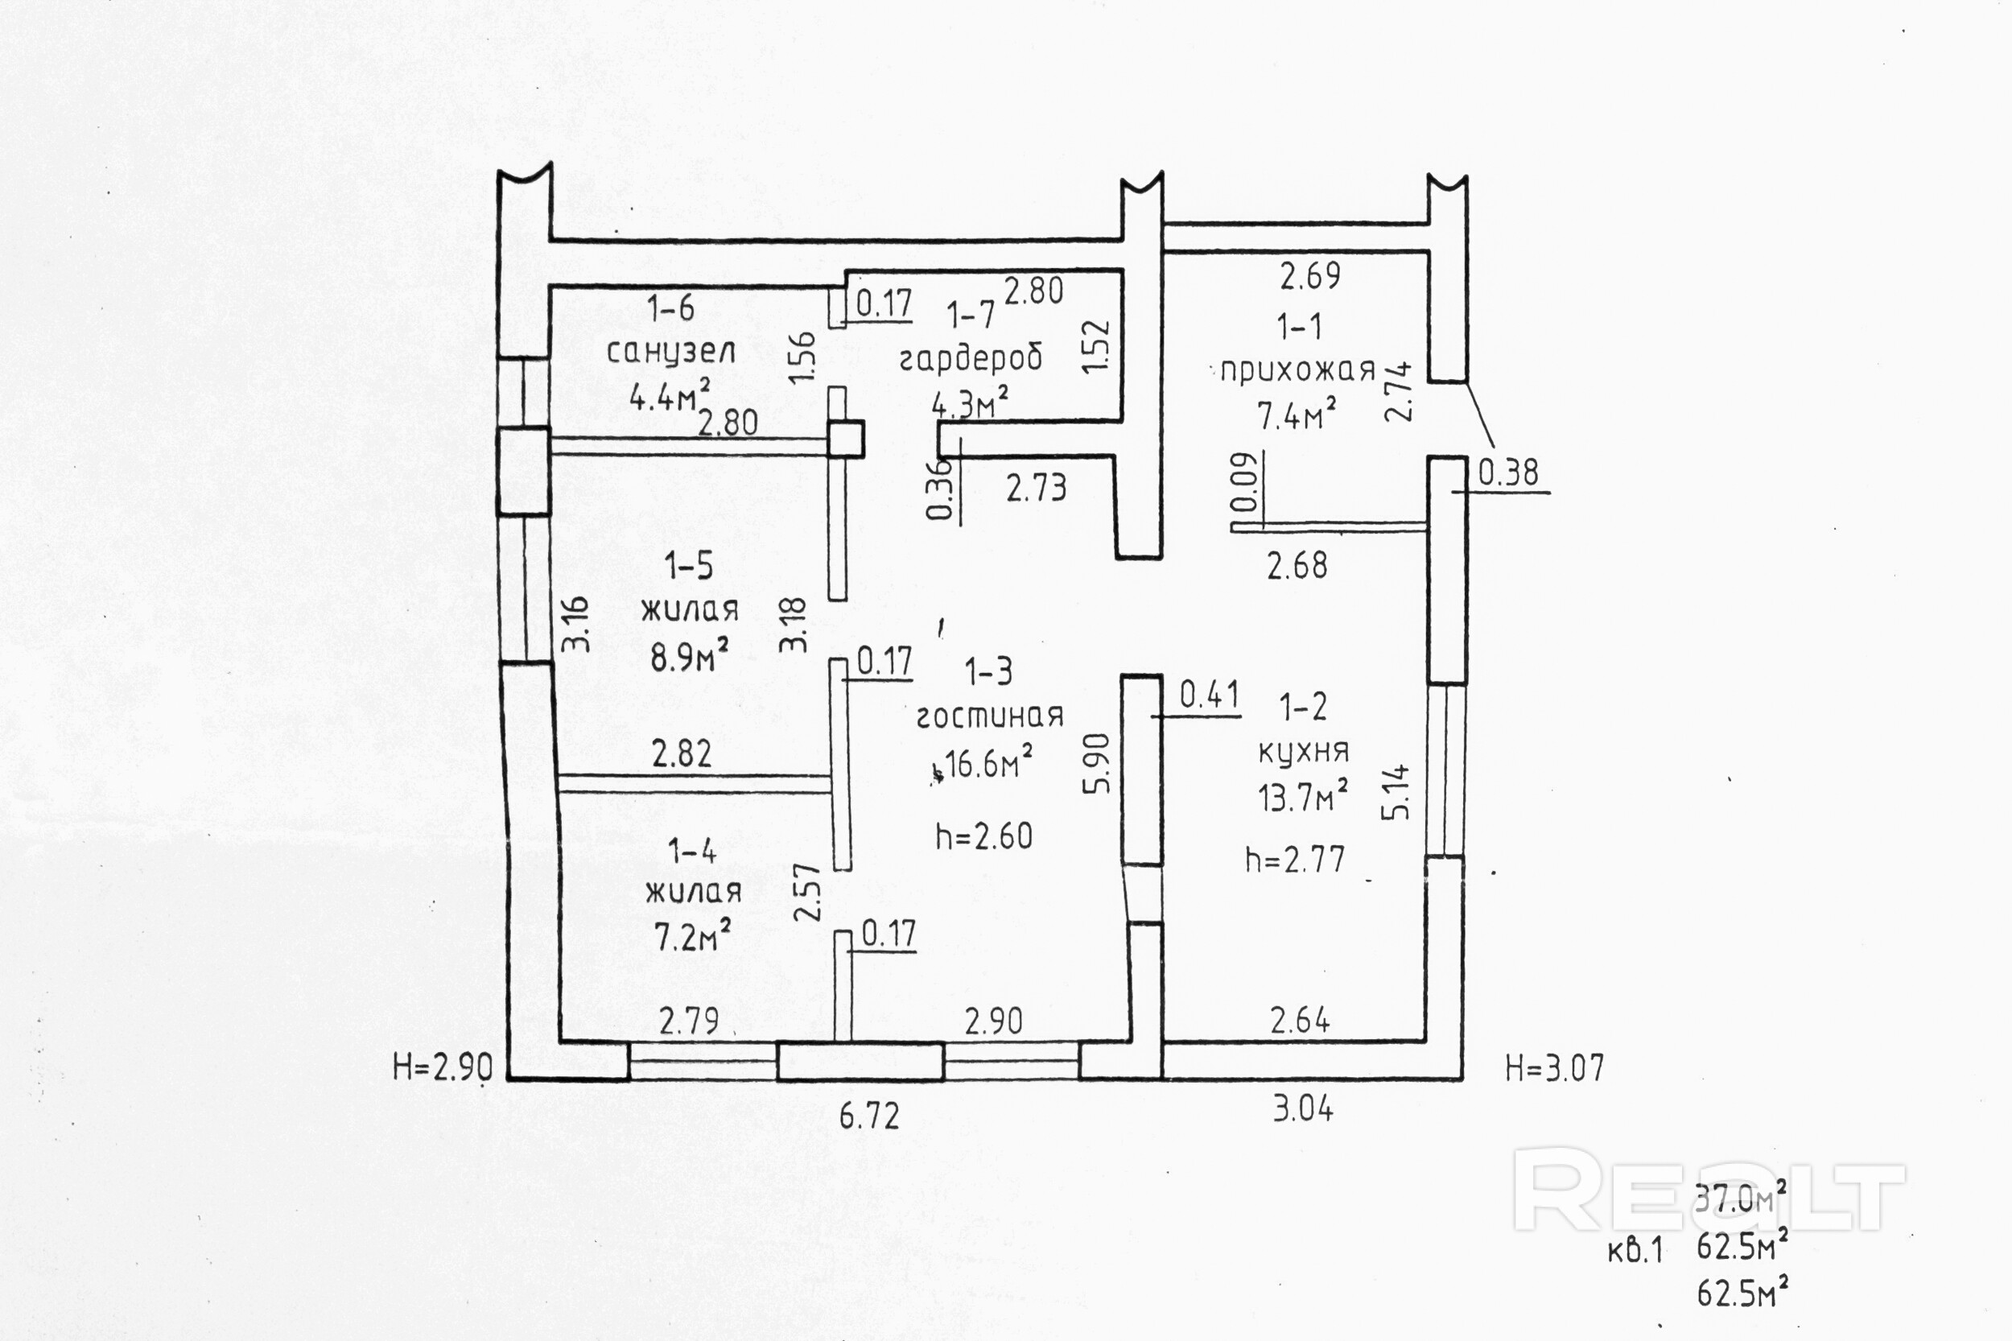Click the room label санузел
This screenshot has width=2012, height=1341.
point(670,352)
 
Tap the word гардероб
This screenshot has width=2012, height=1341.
point(971,357)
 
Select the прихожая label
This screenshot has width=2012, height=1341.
point(1297,370)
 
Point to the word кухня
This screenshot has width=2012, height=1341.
point(1303,751)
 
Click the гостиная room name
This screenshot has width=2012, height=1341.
point(989,715)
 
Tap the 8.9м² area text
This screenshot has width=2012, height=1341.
point(689,658)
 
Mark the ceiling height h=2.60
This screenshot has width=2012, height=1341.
point(984,836)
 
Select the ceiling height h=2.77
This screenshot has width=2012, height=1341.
point(1296,859)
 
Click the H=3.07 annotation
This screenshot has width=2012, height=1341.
point(1555,1068)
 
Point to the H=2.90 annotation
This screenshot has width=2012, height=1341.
point(443,1068)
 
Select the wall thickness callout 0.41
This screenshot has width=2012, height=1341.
point(1209,695)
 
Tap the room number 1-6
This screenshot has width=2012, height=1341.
point(671,307)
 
